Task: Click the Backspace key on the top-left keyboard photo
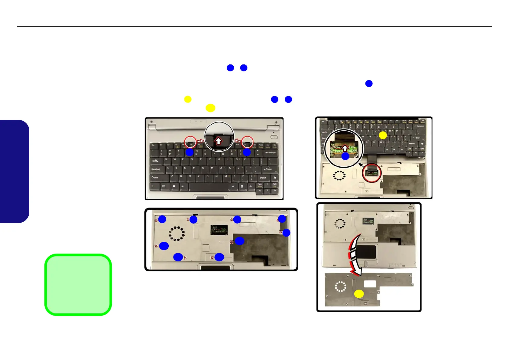click(x=271, y=152)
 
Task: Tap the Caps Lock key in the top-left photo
click(x=157, y=169)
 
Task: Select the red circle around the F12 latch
click(x=247, y=142)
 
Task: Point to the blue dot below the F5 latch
click(x=190, y=152)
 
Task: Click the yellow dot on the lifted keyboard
click(x=383, y=135)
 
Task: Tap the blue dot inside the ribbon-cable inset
click(x=345, y=156)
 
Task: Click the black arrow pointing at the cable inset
click(x=361, y=165)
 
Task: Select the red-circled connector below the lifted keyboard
click(x=372, y=173)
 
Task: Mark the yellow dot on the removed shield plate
click(x=359, y=294)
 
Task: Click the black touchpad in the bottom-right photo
click(x=366, y=252)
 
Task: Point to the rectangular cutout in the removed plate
click(x=370, y=284)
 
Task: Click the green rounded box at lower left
click(x=78, y=285)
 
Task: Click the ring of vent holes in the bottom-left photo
click(x=177, y=233)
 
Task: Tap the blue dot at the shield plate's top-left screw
click(x=162, y=219)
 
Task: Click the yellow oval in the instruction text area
click(x=210, y=108)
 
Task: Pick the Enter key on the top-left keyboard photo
click(x=268, y=169)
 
